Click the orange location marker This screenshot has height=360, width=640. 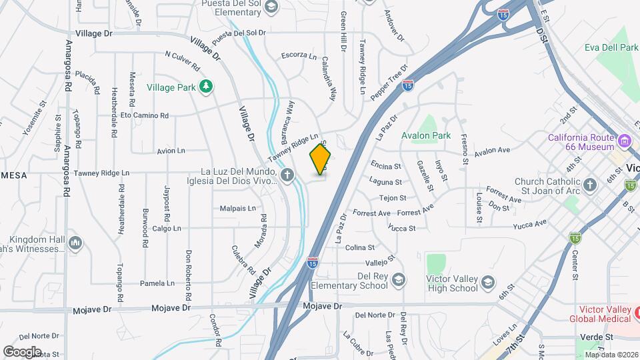[321, 159]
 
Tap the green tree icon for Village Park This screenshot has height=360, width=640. [207, 86]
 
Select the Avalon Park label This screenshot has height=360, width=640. [427, 135]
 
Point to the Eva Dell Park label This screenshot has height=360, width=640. [611, 47]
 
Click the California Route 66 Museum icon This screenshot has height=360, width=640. [625, 141]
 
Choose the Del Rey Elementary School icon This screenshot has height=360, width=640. [399, 278]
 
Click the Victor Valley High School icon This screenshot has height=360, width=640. [489, 282]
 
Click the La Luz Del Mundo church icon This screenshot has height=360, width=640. [287, 176]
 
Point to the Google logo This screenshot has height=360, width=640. [22, 351]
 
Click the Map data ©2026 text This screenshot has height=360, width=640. [611, 355]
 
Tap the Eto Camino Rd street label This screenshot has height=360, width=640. [145, 115]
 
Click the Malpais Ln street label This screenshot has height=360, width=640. [238, 209]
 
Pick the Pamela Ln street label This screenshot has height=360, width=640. [157, 283]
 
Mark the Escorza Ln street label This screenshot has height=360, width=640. [298, 56]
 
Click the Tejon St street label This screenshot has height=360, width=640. [393, 198]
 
